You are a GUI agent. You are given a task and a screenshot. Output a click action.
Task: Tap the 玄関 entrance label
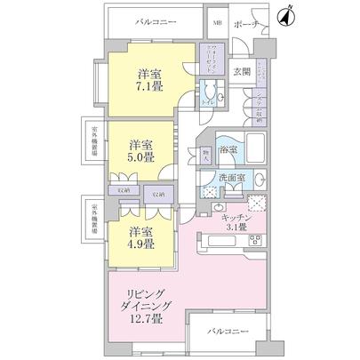point(241,72)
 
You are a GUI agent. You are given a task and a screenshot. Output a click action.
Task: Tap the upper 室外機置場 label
point(93,140)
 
